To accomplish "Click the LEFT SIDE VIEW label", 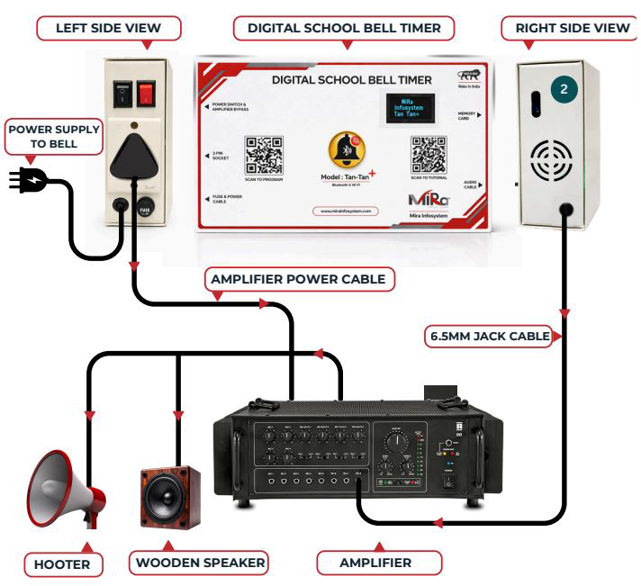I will point(108,28).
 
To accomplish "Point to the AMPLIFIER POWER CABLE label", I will point(297,280).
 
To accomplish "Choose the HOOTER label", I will point(63,563).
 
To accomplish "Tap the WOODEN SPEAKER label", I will point(200,563).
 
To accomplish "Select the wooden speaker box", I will point(169,498).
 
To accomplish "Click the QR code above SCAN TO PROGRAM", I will point(264,154).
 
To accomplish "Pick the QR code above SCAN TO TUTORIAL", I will point(429,154).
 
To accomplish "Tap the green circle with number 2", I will point(564,89).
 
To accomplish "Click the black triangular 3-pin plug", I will point(134,154).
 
